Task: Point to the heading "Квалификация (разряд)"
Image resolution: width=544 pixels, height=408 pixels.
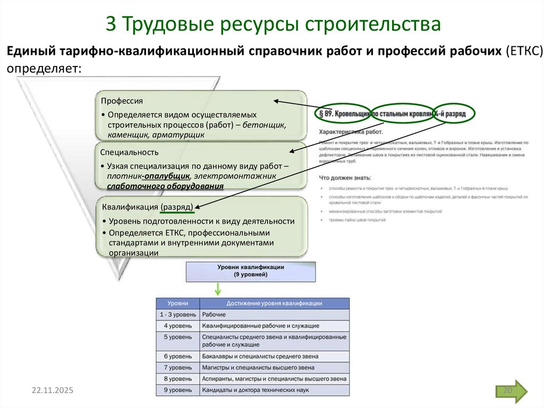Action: coord(147,207)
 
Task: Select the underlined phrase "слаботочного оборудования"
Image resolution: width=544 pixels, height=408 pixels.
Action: coord(165,186)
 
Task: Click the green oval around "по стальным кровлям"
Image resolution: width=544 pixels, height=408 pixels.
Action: coord(402,114)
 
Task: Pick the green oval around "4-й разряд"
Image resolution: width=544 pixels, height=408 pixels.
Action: coord(453,114)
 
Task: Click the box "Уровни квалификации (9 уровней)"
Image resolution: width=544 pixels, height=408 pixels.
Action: coord(250,271)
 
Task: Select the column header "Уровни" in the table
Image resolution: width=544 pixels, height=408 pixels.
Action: coord(177,304)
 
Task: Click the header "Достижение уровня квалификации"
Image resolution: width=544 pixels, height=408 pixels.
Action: coord(274,304)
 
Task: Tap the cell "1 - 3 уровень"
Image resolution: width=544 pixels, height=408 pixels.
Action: coord(177,315)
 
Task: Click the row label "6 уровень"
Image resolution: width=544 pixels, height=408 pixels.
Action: coord(177,356)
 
